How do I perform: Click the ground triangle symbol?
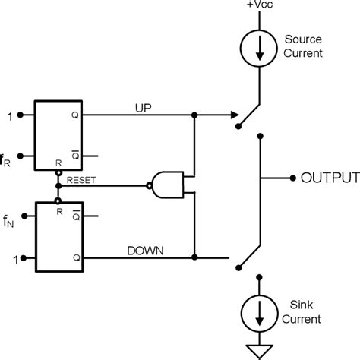tap(260, 350)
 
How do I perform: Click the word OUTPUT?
tap(328, 178)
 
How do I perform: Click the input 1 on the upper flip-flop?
tap(8, 115)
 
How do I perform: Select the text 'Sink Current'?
tap(302, 313)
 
